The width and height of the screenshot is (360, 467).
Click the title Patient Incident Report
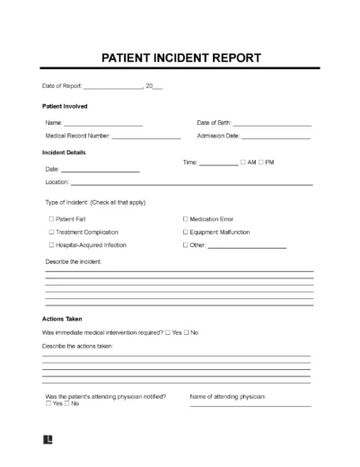point(180,58)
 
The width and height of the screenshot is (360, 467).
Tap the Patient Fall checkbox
point(51,218)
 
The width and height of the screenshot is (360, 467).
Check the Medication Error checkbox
point(186,218)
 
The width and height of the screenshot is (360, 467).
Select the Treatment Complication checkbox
point(51,232)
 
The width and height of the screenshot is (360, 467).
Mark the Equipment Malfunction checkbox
point(186,232)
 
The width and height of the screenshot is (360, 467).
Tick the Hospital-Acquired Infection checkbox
point(51,244)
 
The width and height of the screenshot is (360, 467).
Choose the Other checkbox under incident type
point(186,244)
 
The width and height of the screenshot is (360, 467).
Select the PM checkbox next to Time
point(266,163)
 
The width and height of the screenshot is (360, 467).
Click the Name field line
point(103,124)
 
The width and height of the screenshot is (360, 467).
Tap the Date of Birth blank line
point(272,124)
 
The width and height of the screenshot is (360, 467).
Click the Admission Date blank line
point(277,137)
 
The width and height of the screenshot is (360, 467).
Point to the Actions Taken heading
point(61,319)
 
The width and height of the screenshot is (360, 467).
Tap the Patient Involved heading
point(65,107)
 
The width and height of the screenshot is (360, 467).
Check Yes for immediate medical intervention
point(168,332)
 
